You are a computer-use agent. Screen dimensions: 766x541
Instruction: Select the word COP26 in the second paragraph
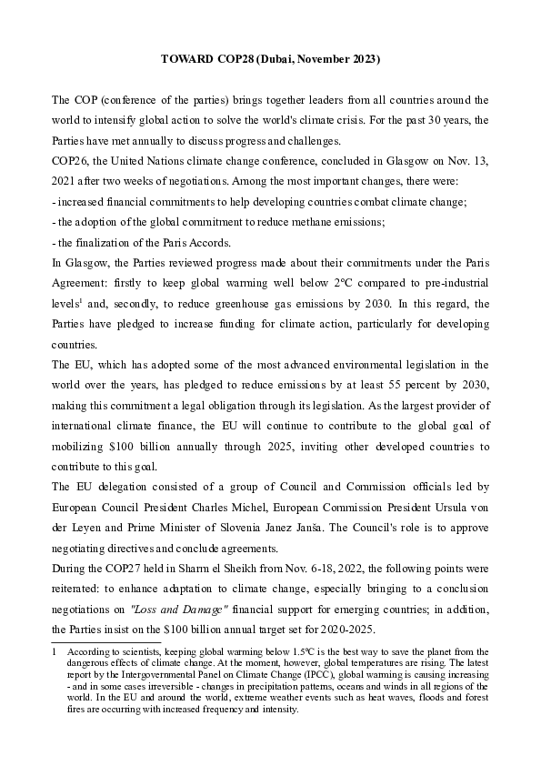tap(71, 161)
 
